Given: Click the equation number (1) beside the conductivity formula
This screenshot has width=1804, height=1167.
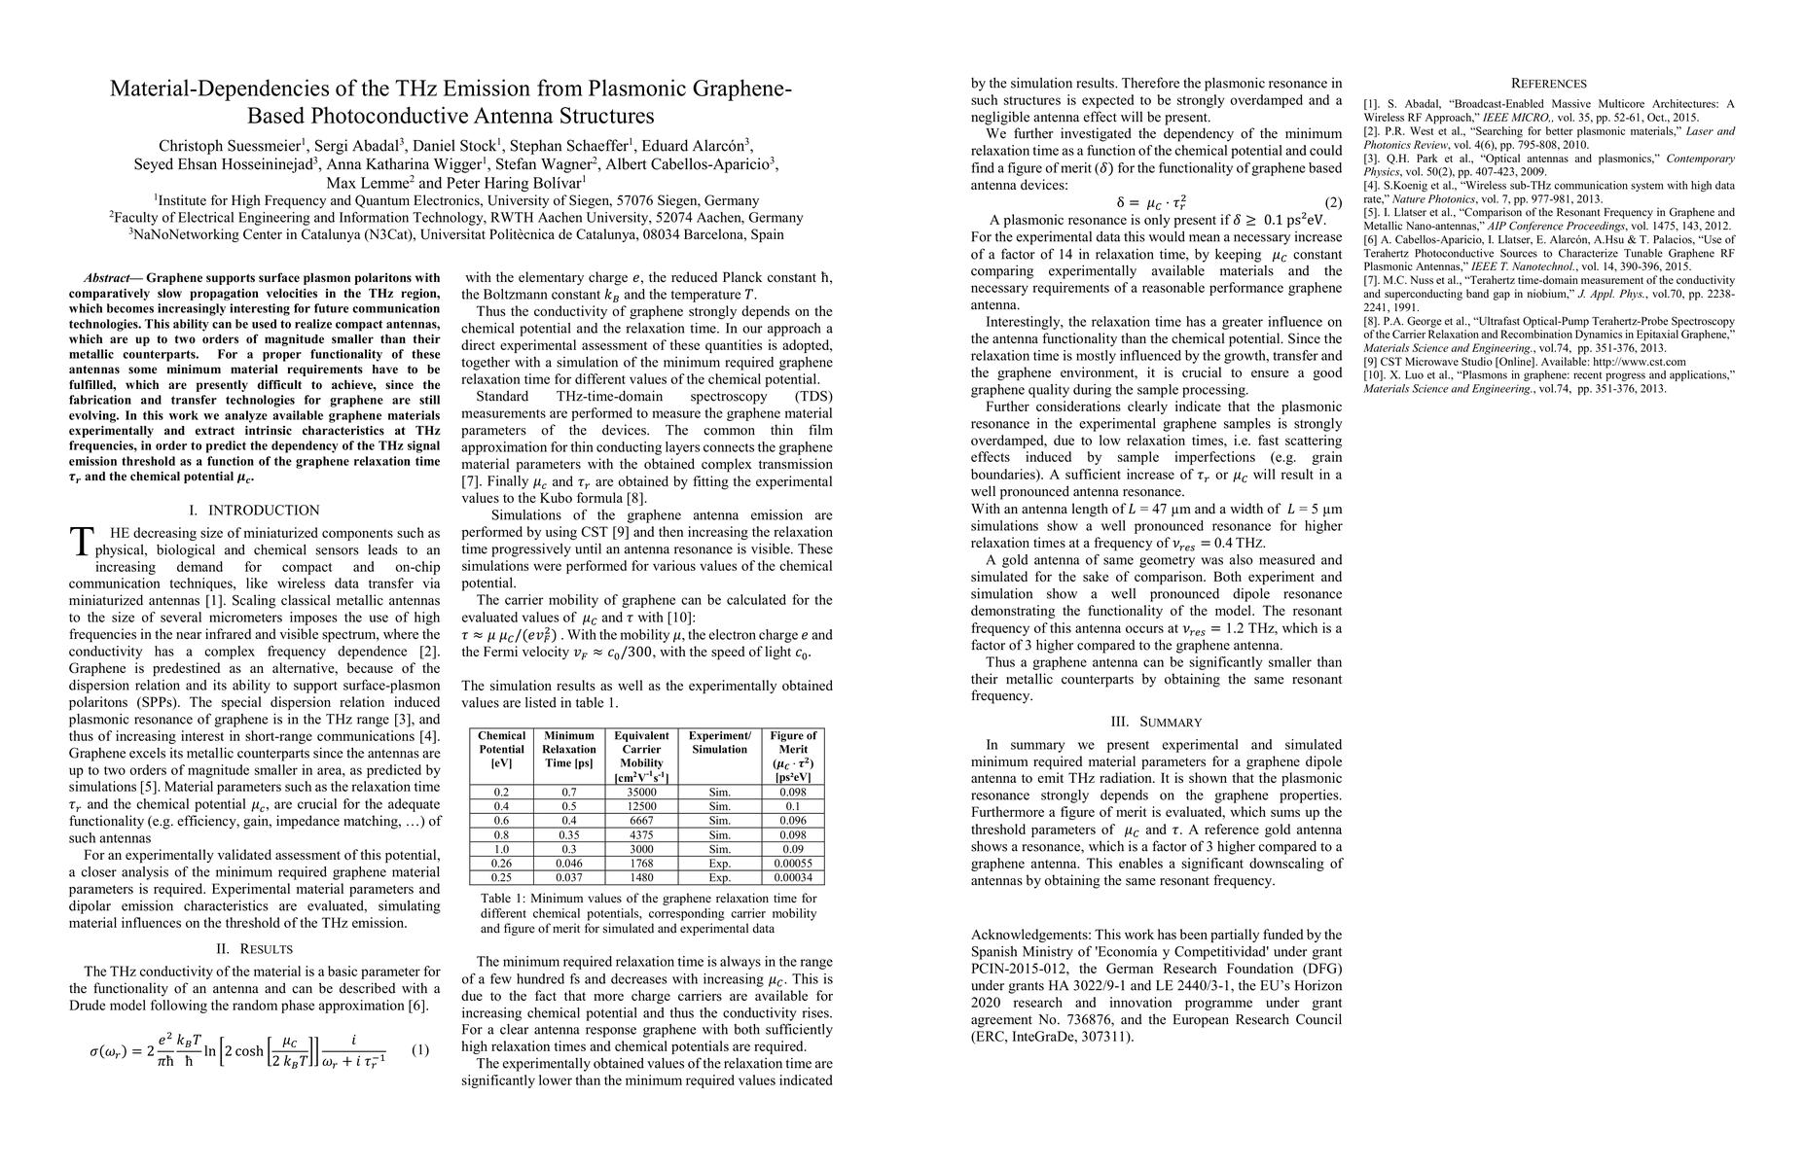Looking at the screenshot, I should tap(420, 1050).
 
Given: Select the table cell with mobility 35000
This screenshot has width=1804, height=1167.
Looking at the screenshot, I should tap(641, 792).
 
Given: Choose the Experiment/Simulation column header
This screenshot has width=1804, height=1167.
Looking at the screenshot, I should tap(719, 742).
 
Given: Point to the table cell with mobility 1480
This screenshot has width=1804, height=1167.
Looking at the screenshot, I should tap(641, 877).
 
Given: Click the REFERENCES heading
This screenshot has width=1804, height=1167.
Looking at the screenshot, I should tap(1548, 84).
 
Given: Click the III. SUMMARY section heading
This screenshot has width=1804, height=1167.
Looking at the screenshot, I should tap(1156, 722).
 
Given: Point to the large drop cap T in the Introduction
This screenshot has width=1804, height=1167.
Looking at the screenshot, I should tap(82, 542).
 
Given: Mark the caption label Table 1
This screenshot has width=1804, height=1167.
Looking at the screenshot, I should tap(501, 899).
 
